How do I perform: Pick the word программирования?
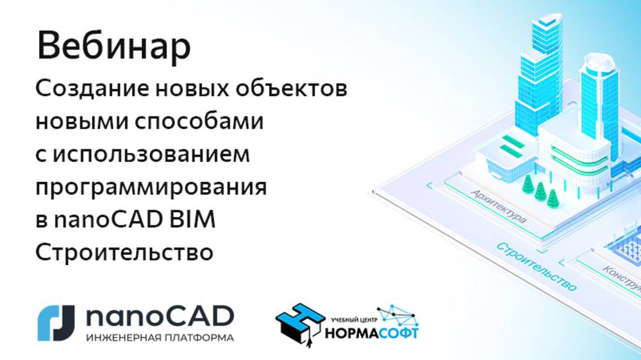[x=151, y=188]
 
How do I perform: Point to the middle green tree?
[x=540, y=190]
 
